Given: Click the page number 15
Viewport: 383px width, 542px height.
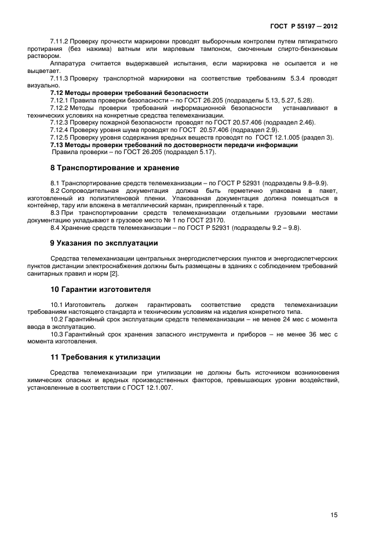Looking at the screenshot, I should pyautogui.click(x=334, y=514).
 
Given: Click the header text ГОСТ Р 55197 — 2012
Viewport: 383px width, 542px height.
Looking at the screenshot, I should pyautogui.click(x=304, y=27).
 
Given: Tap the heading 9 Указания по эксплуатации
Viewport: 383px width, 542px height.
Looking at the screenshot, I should pyautogui.click(x=104, y=243).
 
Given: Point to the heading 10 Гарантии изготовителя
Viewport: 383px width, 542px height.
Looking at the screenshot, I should pyautogui.click(x=101, y=288).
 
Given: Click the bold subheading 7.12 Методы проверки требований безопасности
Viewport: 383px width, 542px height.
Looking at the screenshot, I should pyautogui.click(x=129, y=93).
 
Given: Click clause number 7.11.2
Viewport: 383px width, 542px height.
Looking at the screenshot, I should pyautogui.click(x=60, y=42).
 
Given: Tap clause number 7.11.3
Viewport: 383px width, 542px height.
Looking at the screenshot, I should pyautogui.click(x=60, y=77).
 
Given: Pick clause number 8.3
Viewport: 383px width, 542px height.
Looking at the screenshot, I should pyautogui.click(x=56, y=213).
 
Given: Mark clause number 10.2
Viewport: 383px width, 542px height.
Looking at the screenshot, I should pyautogui.click(x=58, y=319).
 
